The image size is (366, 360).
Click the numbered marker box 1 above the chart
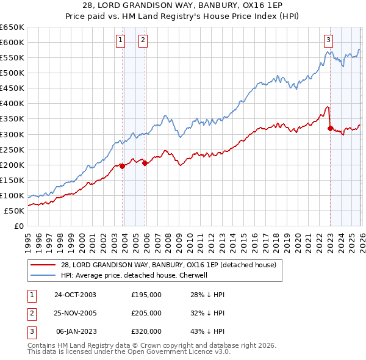120,40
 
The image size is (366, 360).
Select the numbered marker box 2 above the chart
143,40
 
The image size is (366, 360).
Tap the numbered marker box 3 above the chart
328,40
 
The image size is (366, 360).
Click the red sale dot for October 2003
123,166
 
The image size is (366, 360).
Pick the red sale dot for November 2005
145,163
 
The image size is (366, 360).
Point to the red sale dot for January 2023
330,128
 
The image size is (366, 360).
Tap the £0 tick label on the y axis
18,226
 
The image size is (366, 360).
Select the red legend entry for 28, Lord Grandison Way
168,265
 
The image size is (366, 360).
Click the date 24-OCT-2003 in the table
75,295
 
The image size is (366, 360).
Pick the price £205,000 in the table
146,313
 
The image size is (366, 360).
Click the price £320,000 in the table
146,331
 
